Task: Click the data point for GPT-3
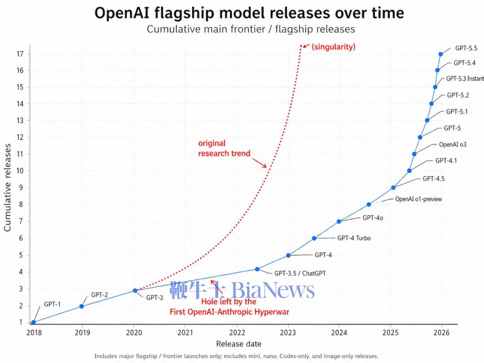pos(135,290)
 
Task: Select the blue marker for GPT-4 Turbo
pos(314,238)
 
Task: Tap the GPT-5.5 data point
pos(441,54)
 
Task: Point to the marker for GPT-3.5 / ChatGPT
pos(257,269)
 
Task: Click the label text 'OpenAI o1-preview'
pos(418,199)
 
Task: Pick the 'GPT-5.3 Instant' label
pos(465,78)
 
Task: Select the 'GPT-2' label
pos(99,295)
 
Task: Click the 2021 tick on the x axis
pos(185,333)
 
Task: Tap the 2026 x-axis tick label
pos(441,333)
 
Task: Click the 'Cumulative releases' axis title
pos(8,187)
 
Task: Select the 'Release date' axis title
pos(238,344)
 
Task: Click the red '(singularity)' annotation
pos(333,47)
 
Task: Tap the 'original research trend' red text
pos(224,148)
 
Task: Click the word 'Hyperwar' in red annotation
pos(273,311)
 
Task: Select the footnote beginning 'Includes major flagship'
pos(236,356)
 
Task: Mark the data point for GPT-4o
pos(339,221)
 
